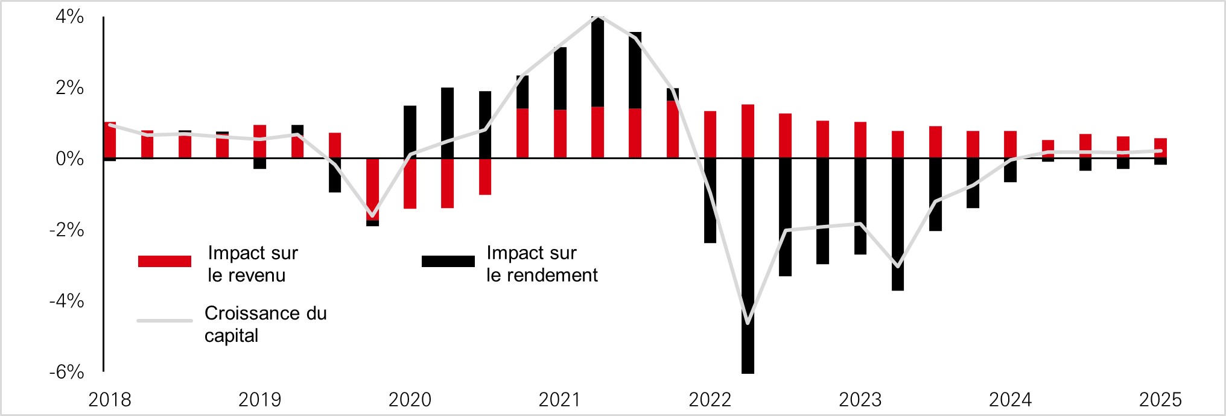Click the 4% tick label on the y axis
click(x=69, y=17)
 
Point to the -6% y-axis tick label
click(x=66, y=371)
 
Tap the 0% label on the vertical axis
click(x=69, y=159)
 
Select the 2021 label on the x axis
click(x=560, y=400)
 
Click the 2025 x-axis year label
click(x=1160, y=400)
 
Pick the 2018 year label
click(x=110, y=400)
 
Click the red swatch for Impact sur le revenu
click(x=164, y=261)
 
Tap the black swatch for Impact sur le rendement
click(x=448, y=261)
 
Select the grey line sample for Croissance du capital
click(x=164, y=320)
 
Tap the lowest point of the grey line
click(x=748, y=323)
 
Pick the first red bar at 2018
click(x=110, y=140)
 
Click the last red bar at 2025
click(x=1160, y=148)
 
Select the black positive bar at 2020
click(x=410, y=131)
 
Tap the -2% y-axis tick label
click(x=66, y=230)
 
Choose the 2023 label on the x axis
click(x=860, y=400)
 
